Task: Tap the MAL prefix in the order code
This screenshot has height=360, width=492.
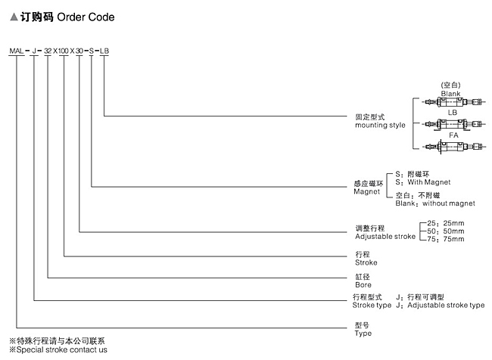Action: (16, 50)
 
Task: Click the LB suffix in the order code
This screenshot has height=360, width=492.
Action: (105, 50)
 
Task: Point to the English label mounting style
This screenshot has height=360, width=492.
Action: (380, 125)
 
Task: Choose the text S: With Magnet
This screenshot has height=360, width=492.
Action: (422, 182)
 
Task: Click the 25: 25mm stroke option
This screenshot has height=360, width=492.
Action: (446, 222)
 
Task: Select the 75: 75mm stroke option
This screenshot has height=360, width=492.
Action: (446, 239)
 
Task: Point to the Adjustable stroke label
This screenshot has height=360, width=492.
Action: (385, 236)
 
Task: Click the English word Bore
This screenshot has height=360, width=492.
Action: (363, 284)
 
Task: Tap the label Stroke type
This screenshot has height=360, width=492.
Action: (372, 305)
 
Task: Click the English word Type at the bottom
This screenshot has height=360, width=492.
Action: (363, 333)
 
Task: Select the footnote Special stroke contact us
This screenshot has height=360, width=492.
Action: (60, 349)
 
